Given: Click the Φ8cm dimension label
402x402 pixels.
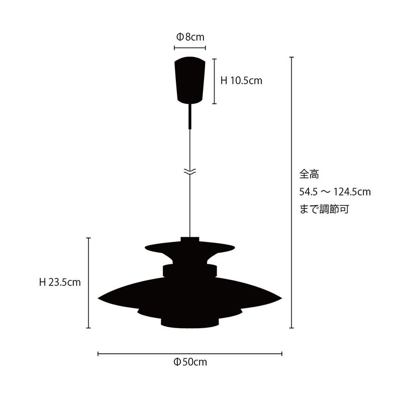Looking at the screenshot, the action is pyautogui.click(x=190, y=37).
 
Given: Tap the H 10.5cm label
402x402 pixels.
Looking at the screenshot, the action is pyautogui.click(x=241, y=81).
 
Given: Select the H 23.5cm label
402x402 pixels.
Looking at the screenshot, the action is pyautogui.click(x=60, y=282).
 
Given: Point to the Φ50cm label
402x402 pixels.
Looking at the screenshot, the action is pyautogui.click(x=190, y=362).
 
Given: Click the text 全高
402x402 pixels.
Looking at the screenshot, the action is pyautogui.click(x=309, y=174).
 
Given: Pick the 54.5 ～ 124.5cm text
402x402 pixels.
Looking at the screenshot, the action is pyautogui.click(x=335, y=192).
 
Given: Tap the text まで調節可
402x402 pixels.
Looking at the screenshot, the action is pyautogui.click(x=324, y=210).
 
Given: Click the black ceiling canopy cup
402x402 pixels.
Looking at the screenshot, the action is pyautogui.click(x=190, y=80).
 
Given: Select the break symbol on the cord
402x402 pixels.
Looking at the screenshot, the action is pyautogui.click(x=190, y=172).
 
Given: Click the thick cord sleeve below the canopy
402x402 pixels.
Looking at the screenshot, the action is pyautogui.click(x=190, y=116).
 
